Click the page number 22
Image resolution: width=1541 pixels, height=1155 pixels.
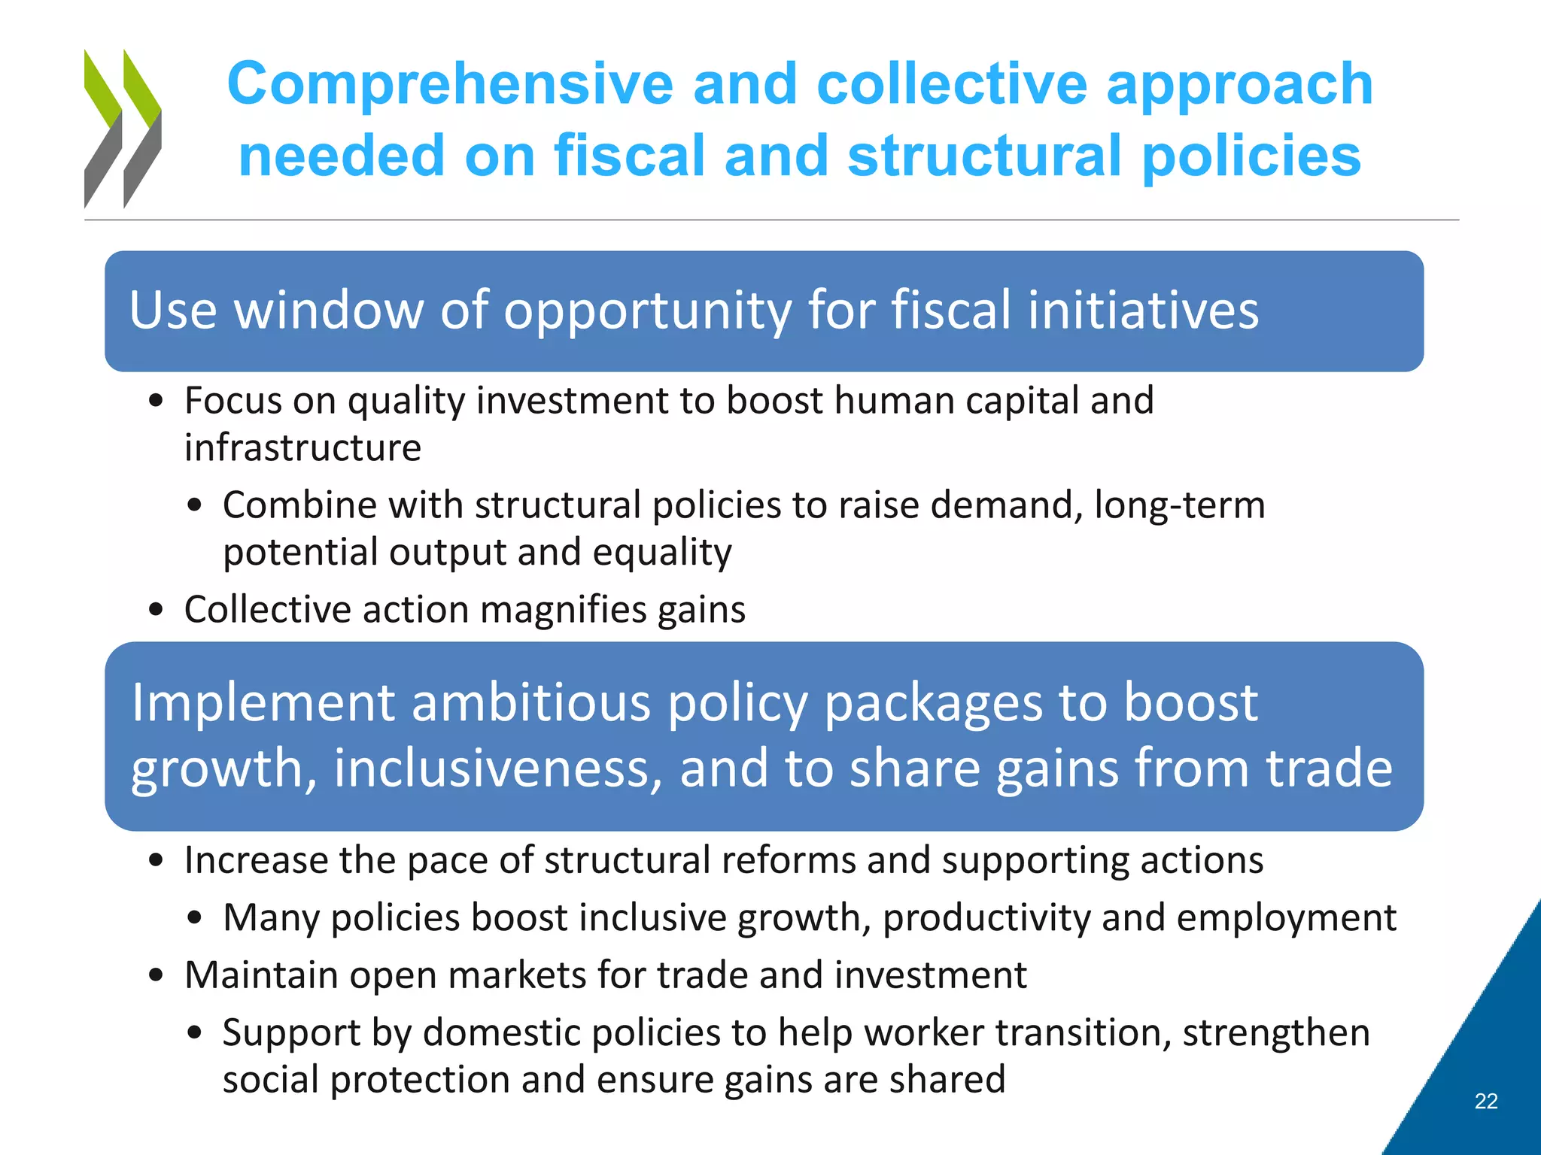tap(1485, 1101)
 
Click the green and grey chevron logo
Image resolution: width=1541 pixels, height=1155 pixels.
tap(122, 129)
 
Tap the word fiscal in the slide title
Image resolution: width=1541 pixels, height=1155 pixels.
tap(629, 155)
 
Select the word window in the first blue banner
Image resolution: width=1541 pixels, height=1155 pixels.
tap(329, 310)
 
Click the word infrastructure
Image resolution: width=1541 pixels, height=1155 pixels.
tap(302, 448)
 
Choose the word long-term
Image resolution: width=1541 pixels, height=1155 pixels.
tap(1179, 505)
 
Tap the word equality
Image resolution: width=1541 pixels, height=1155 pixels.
tap(661, 553)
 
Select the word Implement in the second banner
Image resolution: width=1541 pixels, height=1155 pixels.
tap(263, 702)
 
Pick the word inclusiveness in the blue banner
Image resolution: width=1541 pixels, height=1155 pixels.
tap(497, 768)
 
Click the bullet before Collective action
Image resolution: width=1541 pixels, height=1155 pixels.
tap(156, 609)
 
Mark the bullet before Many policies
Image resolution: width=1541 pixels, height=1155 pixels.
tap(195, 917)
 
